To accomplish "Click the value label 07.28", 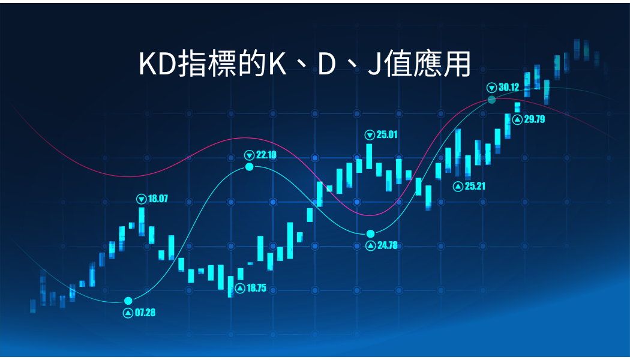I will click(145, 313).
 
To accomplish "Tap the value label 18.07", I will click(158, 199).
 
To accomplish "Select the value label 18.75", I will click(256, 288).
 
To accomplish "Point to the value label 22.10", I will click(266, 155).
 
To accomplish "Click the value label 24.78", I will click(387, 245).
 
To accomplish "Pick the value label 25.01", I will click(387, 134).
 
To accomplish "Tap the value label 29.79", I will click(534, 119).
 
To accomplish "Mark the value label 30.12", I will click(508, 87).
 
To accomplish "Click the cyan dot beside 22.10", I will click(250, 166).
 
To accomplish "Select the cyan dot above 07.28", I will click(128, 301).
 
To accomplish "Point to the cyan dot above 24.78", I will click(370, 233).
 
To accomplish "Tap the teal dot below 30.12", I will click(491, 99).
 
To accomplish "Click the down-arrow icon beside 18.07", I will click(142, 199).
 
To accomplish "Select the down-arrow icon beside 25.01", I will click(370, 134).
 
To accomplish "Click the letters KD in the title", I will click(158, 64).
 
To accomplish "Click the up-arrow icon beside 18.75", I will click(240, 288).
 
